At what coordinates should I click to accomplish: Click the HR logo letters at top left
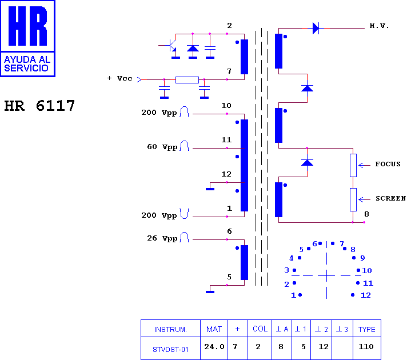click(x=28, y=26)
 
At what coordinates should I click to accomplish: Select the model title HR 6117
click(x=39, y=106)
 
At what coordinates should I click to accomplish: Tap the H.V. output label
click(x=379, y=26)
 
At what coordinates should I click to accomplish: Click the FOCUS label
click(x=388, y=164)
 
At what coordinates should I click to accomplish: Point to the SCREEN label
click(x=390, y=198)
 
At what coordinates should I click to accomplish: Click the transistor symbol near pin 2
click(x=170, y=46)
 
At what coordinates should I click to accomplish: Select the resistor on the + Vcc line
click(x=187, y=79)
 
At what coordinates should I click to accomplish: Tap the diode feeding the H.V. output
click(x=316, y=28)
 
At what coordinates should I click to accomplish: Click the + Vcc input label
click(x=120, y=78)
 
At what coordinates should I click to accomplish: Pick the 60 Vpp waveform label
click(x=162, y=147)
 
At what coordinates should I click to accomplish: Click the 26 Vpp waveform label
click(x=162, y=238)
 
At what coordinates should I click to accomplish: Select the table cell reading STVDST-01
click(x=170, y=349)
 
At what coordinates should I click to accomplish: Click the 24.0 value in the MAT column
click(x=214, y=346)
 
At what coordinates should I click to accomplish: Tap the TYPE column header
click(x=367, y=329)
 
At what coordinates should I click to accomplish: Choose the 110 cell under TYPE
click(x=366, y=346)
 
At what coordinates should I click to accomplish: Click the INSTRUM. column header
click(x=170, y=329)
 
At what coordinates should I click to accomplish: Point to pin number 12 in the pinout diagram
click(x=366, y=295)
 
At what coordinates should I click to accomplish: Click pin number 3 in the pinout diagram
click(x=286, y=270)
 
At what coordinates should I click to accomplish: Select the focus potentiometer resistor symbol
click(x=353, y=165)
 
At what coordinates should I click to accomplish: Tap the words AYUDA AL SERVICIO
click(x=27, y=64)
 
